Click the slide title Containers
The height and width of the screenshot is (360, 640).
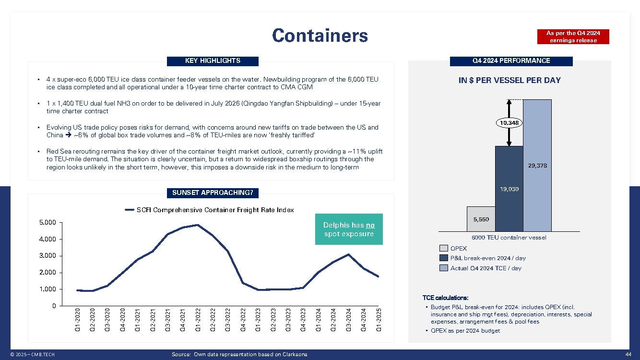click(x=320, y=36)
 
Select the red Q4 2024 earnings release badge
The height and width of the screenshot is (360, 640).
click(x=573, y=36)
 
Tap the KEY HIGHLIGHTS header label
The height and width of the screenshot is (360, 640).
click(x=213, y=61)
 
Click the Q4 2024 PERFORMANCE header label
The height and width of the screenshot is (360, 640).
click(x=511, y=61)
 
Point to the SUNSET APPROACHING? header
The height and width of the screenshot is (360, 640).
click(x=213, y=193)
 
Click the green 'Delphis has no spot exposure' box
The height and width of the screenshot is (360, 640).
click(x=349, y=229)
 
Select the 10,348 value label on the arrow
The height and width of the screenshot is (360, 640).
click(x=508, y=123)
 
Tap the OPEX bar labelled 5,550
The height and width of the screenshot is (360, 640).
click(x=481, y=219)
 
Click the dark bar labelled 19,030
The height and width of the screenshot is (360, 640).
click(x=509, y=189)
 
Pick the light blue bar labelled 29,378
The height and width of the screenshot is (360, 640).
click(x=537, y=165)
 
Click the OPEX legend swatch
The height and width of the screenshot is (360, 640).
click(x=444, y=248)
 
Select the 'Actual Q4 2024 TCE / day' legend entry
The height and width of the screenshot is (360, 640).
click(x=486, y=268)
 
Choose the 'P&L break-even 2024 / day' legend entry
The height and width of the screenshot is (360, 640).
click(x=487, y=258)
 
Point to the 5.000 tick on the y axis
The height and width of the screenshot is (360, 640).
click(x=48, y=223)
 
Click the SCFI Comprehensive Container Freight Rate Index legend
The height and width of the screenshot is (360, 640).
click(x=209, y=210)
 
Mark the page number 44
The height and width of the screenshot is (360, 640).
click(x=629, y=354)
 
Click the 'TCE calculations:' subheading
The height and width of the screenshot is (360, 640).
click(x=445, y=298)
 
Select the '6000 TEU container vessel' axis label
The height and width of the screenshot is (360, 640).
click(x=509, y=237)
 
